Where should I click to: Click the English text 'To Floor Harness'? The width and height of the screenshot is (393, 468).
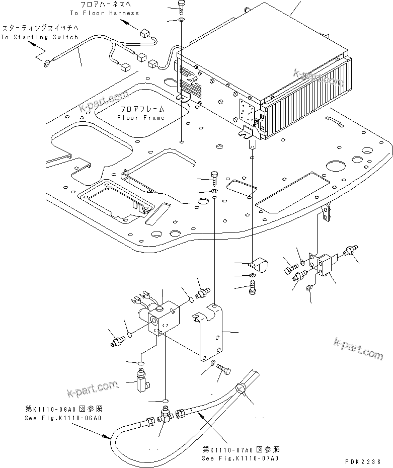(104, 13)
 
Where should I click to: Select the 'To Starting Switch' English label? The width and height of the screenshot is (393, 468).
(39, 37)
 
